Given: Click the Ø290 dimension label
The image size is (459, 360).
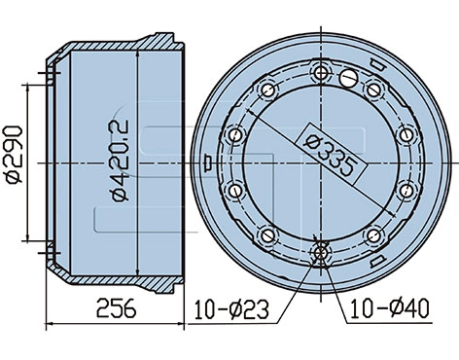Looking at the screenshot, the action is tap(13, 155).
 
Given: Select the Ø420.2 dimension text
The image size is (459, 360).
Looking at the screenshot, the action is tap(120, 161).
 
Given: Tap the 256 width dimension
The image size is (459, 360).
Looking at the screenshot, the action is tap(116, 308).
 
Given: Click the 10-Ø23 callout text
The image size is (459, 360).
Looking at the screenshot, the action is tap(231, 309).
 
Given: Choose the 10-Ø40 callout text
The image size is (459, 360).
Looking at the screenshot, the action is tap(390, 308).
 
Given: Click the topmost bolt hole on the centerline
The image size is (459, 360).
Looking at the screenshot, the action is tap(321, 73).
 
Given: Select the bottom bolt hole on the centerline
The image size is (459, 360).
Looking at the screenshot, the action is tap(321, 252).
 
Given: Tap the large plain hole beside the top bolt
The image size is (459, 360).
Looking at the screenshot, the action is tap(348, 78).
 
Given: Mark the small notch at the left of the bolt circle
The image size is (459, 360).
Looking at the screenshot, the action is tap(207, 162).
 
